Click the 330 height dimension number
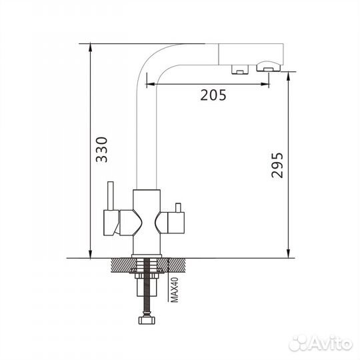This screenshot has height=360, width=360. coord(102,150)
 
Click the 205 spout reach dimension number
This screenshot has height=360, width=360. coord(213,95)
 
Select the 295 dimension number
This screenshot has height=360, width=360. coord(277,165)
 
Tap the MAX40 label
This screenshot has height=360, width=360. coord(175,290)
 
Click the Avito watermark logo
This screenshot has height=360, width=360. coord(321,344)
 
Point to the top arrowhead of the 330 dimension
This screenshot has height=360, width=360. coord(91,47)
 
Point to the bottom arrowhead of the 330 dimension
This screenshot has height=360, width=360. coord(91,254)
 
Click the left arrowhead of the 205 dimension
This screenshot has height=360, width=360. coord(151,84)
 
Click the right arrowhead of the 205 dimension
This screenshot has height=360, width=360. coord(265,84)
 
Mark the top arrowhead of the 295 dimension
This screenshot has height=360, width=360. coord(289,76)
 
